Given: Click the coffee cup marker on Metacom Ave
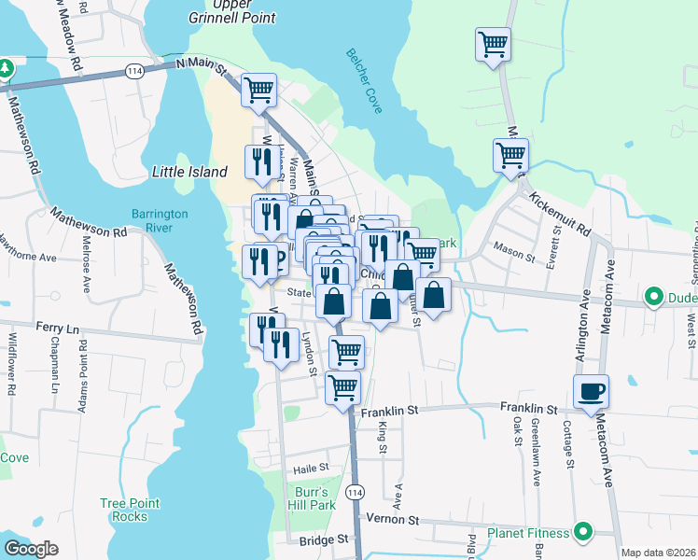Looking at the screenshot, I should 592,391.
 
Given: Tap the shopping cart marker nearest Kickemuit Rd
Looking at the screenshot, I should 510,155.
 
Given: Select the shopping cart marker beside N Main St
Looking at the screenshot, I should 259,91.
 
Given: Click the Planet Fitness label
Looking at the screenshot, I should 528,533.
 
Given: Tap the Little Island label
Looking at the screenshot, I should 189,172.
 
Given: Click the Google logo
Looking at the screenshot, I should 30,549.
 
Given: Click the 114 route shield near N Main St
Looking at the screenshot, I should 134,71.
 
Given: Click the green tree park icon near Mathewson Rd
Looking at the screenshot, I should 6,68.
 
